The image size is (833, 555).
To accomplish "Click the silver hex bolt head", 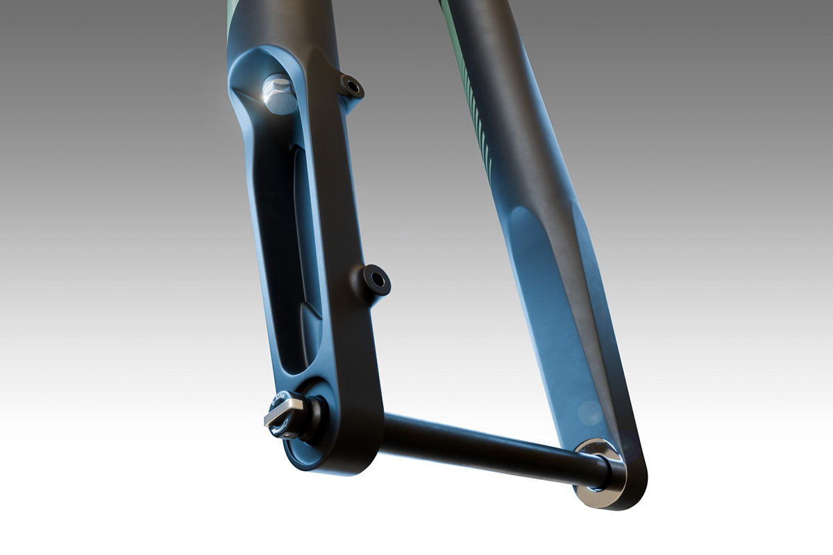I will click(x=279, y=96).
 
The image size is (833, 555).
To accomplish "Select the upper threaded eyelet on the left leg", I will click(x=353, y=87).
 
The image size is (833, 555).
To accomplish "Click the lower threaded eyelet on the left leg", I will click(x=376, y=280).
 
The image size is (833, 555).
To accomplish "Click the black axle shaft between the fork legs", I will click(x=486, y=451).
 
